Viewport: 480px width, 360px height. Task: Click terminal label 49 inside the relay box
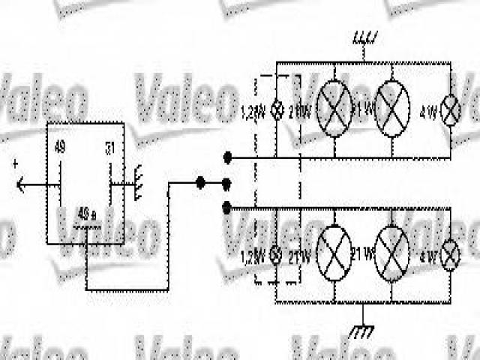coord(61,147)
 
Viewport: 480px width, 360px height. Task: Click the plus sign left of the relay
coord(16,163)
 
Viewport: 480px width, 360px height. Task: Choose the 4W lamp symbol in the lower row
coord(451,256)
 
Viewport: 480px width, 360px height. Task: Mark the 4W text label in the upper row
coord(430,114)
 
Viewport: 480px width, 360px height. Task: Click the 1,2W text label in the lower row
coord(253,256)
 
